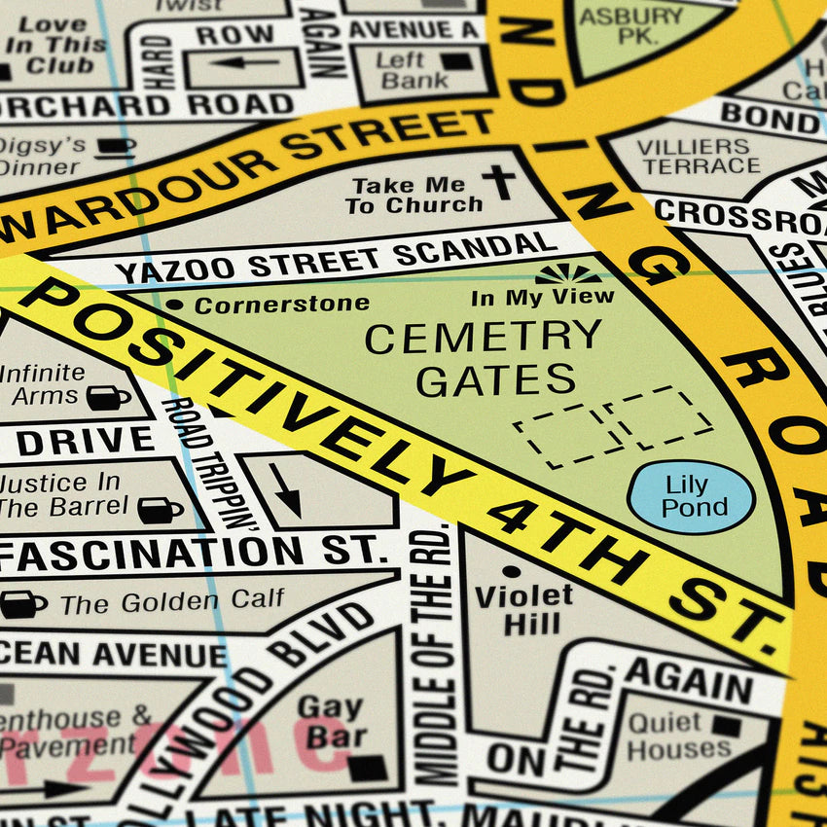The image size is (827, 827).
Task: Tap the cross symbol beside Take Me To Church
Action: pos(498,182)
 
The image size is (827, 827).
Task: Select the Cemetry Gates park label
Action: pos(484,359)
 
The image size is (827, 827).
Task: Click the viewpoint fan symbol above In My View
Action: pos(567,273)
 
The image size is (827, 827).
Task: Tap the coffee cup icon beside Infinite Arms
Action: pos(108,397)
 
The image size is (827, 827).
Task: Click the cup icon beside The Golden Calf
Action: pos(21,604)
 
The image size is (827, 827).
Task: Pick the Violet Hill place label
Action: pos(524,609)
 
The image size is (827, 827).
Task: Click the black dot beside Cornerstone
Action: pos(175,306)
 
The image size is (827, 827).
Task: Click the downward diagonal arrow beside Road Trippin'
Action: pos(285,489)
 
